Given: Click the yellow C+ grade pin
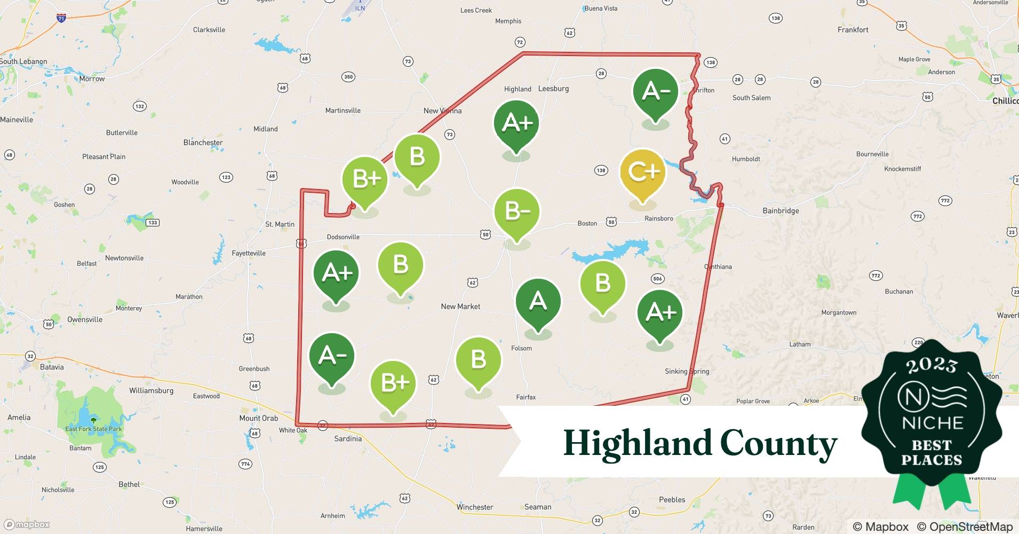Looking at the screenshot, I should (x=643, y=172).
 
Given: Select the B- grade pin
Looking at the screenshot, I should (x=516, y=211).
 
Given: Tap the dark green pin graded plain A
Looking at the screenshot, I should (x=538, y=301).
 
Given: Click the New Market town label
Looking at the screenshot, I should (x=460, y=307).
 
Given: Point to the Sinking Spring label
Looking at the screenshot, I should (x=687, y=371).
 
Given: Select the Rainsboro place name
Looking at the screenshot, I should (x=659, y=218).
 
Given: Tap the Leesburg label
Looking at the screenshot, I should (x=553, y=89).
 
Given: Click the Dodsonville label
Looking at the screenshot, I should (x=343, y=237).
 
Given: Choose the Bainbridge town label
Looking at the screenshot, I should (x=781, y=211).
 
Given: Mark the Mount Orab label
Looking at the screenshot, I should (x=259, y=418).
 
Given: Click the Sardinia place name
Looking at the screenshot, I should (x=348, y=438).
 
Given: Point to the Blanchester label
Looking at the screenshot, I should (x=203, y=143).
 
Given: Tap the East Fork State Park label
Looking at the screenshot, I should (x=93, y=429).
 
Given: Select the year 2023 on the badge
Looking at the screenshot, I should (x=932, y=365).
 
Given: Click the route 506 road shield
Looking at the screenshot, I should (x=657, y=278).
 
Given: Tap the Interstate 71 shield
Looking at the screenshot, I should (x=61, y=18).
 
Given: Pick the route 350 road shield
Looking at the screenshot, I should (x=348, y=77).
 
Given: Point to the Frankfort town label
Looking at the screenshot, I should (x=853, y=30).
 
